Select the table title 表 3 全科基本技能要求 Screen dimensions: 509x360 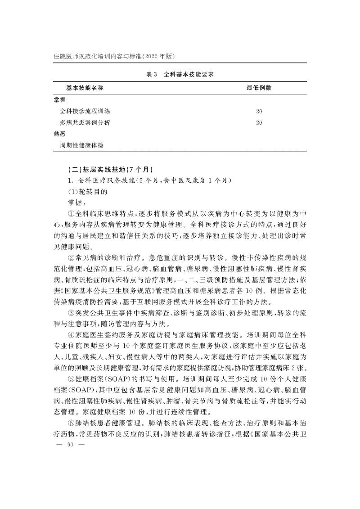tap(180, 75)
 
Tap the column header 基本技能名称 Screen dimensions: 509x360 tap(85, 88)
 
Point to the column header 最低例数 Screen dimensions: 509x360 tap(259, 88)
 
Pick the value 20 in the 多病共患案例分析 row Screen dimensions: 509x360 tap(259, 122)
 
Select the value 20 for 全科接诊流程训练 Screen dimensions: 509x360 tap(259, 111)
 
